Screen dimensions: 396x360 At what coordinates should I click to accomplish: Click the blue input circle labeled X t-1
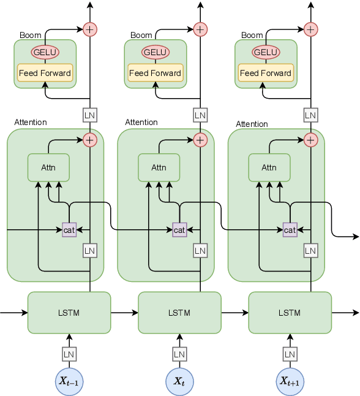click(x=69, y=381)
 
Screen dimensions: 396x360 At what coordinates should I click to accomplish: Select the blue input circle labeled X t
click(x=179, y=381)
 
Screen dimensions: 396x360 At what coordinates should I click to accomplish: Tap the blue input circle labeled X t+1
click(x=290, y=381)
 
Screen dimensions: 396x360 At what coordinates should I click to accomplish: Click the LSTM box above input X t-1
click(x=69, y=313)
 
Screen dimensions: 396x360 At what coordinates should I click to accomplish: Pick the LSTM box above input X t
click(x=179, y=313)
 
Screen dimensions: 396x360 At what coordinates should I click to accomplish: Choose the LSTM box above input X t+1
click(x=290, y=313)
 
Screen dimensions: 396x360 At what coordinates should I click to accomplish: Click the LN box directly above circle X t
click(x=179, y=354)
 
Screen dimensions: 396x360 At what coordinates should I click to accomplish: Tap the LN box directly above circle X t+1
click(x=290, y=354)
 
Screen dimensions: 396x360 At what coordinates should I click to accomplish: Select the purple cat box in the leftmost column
click(x=69, y=230)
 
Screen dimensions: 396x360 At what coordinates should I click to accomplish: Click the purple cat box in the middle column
click(x=179, y=230)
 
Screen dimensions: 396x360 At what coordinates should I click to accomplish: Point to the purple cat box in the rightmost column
click(x=290, y=230)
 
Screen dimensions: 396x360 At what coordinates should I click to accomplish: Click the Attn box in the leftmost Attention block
click(x=48, y=167)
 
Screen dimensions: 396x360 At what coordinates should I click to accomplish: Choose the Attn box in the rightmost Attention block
click(x=269, y=167)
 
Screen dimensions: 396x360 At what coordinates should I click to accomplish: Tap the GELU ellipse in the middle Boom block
click(x=155, y=53)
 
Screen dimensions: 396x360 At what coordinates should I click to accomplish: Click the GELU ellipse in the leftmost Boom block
click(x=45, y=53)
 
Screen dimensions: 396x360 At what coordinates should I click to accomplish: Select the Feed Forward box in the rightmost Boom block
click(x=266, y=73)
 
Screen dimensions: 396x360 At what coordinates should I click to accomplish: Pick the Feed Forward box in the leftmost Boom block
click(x=45, y=73)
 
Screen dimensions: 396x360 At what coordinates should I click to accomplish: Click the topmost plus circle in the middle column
click(x=200, y=29)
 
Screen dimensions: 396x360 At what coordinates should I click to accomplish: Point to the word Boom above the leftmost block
click(x=31, y=36)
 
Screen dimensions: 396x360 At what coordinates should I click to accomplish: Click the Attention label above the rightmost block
click(x=252, y=124)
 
